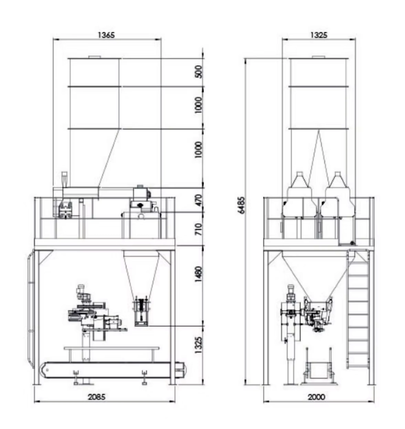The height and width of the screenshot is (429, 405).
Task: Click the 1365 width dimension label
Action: [x=106, y=35]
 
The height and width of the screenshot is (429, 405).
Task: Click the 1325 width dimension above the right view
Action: [x=319, y=35]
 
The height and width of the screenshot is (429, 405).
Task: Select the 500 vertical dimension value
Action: [x=199, y=72]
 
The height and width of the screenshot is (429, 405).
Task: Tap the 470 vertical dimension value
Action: [x=199, y=200]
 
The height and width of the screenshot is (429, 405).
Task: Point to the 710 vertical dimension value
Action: [x=199, y=229]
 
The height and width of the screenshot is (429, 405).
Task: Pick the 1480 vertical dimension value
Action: [x=199, y=274]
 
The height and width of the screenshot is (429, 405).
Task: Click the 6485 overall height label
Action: [x=242, y=205]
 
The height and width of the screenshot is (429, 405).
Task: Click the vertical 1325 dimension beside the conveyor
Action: [x=199, y=345]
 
